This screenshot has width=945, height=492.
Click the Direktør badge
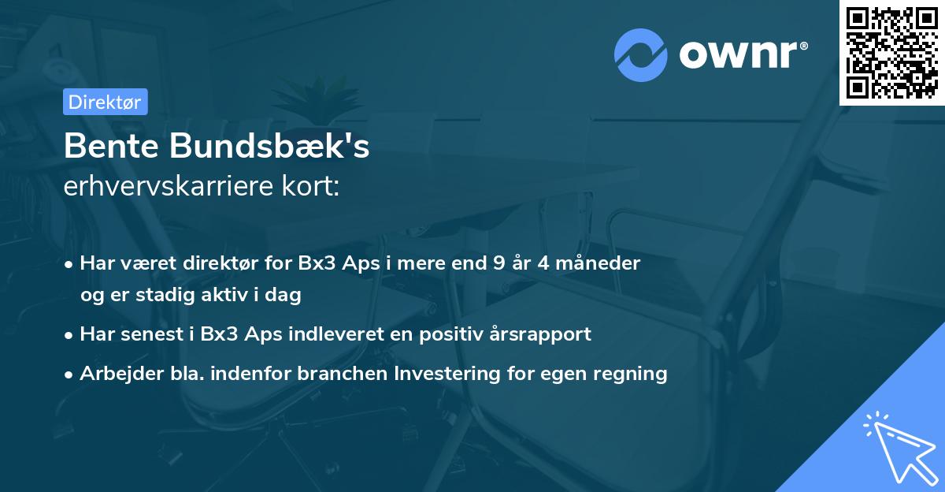[x=105, y=102]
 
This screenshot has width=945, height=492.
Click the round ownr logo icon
[x=640, y=54]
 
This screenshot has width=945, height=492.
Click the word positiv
[x=454, y=334]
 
